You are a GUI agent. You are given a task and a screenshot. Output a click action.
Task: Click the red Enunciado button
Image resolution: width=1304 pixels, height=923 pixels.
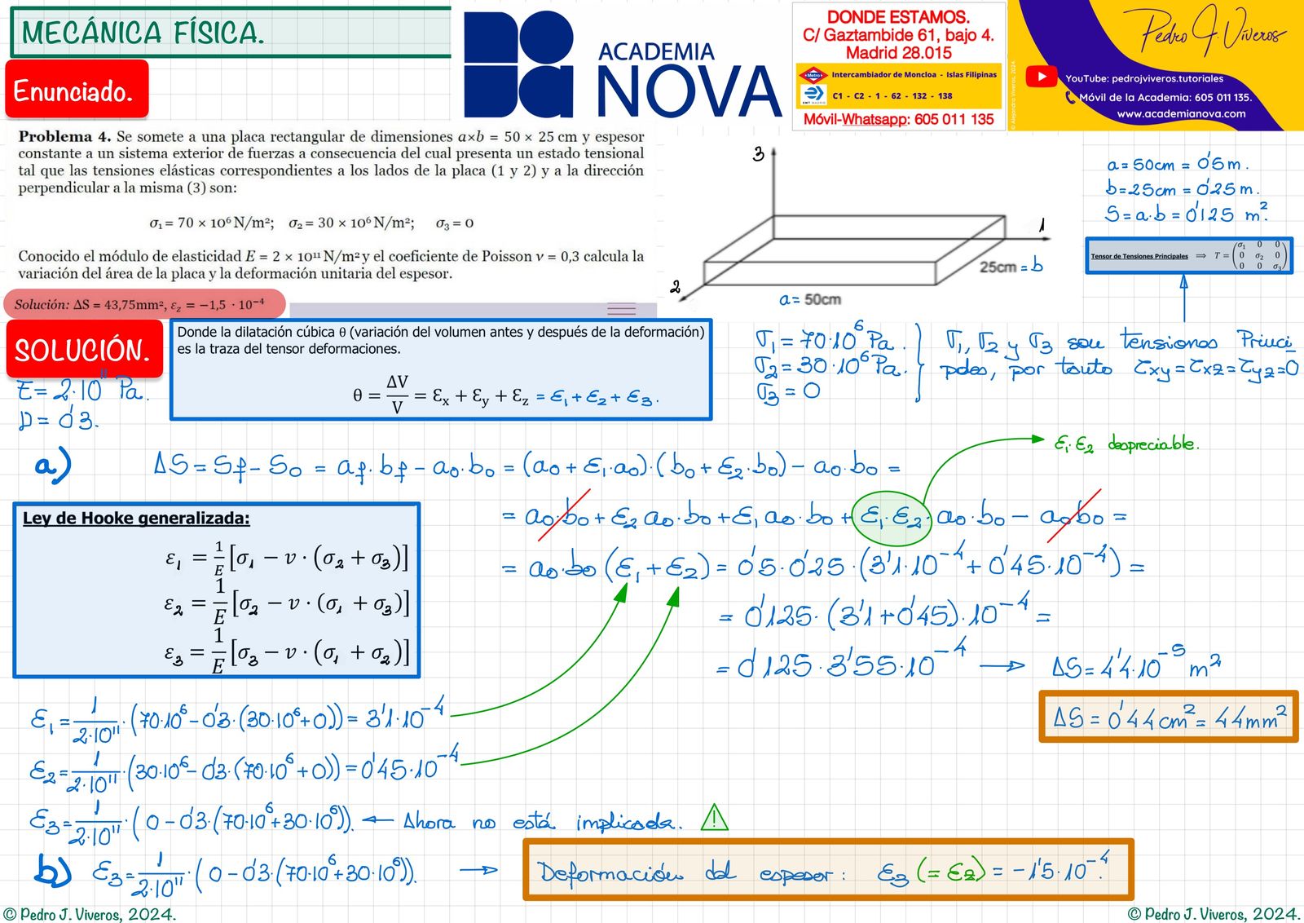[x=77, y=90]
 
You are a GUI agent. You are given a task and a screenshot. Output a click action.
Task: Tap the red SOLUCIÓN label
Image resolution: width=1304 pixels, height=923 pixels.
[x=84, y=350]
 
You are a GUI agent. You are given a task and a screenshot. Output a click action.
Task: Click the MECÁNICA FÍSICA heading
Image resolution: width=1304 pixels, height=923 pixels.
[x=143, y=33]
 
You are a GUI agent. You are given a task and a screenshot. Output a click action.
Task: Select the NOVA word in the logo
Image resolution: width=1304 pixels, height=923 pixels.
[x=689, y=91]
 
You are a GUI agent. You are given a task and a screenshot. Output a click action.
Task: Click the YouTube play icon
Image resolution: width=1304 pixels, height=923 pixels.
[x=1041, y=77]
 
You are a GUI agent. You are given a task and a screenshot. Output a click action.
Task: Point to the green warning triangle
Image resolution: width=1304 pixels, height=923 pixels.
[x=715, y=818]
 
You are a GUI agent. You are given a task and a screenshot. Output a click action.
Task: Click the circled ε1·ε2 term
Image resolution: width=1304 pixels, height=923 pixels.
[x=891, y=517]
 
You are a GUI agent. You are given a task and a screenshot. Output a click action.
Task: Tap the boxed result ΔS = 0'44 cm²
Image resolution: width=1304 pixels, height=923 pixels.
[x=1168, y=717]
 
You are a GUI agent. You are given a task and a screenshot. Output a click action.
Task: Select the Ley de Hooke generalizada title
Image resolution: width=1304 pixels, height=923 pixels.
[x=136, y=518]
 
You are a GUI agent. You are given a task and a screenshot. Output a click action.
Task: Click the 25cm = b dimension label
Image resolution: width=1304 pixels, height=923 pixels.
[x=1011, y=266]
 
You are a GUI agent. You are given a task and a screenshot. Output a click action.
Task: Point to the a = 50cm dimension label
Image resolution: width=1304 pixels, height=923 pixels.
[x=809, y=299]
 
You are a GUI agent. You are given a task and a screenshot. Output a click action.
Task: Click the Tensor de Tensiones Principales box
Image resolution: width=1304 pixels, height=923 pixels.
[x=1188, y=255]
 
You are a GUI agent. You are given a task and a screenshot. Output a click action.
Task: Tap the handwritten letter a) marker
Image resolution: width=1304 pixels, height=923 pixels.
[x=53, y=465]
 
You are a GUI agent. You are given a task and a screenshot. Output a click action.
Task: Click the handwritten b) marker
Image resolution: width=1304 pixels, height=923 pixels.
[x=52, y=870]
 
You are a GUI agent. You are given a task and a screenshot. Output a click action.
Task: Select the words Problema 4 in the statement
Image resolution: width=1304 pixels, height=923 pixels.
[x=64, y=136]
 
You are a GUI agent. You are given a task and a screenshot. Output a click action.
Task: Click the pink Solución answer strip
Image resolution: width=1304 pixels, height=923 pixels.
[x=144, y=304]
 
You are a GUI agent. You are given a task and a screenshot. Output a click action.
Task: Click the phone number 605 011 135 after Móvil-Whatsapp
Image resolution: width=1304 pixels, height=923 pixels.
[x=954, y=119]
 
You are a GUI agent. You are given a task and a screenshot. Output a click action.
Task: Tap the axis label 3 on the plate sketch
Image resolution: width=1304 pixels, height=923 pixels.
[x=758, y=154]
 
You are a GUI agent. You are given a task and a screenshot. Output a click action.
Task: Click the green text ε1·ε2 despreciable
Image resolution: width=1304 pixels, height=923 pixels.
[x=1126, y=444]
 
